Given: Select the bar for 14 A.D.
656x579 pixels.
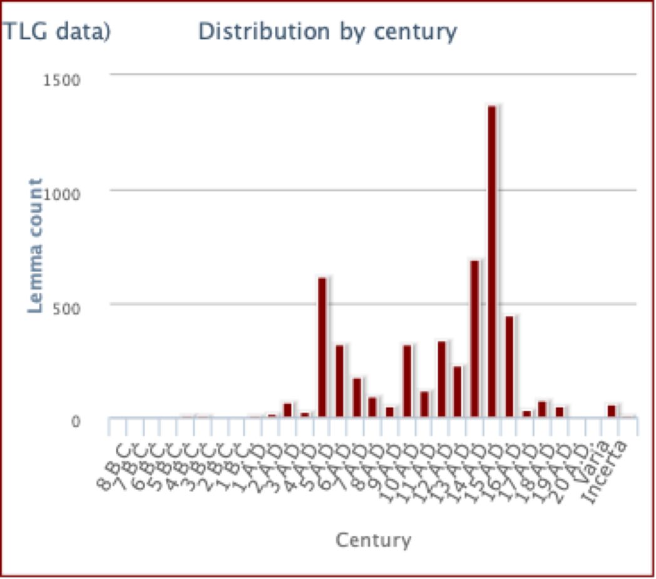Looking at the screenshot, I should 474,339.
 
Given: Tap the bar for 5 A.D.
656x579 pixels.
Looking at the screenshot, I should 322,347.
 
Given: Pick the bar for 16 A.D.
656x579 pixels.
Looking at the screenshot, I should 509,367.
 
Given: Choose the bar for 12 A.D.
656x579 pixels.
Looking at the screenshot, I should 441,379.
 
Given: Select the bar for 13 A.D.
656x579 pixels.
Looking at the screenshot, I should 458,391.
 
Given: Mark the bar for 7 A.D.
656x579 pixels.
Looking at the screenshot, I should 357,397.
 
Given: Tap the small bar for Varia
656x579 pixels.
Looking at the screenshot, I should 611,411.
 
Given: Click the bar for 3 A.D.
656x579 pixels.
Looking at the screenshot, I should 287,410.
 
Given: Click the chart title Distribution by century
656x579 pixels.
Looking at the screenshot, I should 327,31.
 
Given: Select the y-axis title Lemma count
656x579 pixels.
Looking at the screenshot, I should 36,245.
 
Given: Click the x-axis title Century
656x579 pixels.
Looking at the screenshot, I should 373,540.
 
